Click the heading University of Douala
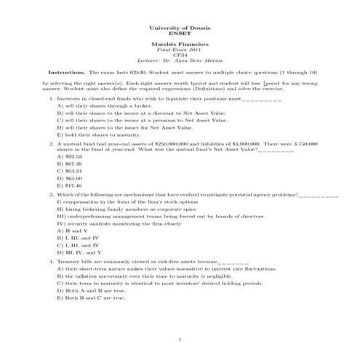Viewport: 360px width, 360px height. (x=179, y=27)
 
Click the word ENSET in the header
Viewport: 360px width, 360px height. (x=179, y=33)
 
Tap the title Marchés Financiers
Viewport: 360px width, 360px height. (x=179, y=44)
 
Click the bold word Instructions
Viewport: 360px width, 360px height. (x=66, y=73)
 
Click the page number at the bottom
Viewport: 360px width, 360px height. (x=179, y=342)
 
